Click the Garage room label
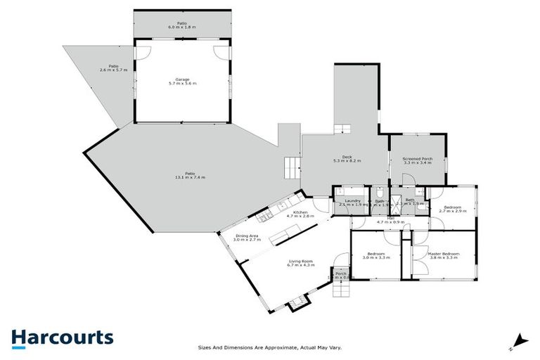(183, 79)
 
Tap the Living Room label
(300, 261)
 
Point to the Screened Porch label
(417, 159)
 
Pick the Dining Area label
(247, 236)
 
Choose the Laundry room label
(352, 201)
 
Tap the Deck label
(347, 157)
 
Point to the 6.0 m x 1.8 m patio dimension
(181, 27)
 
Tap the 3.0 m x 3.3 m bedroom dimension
(375, 258)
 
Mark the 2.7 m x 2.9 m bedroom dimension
(452, 211)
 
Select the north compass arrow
(519, 340)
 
